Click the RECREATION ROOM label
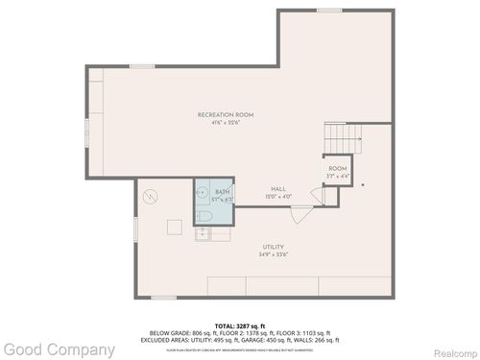click(225, 114)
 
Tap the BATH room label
click(223, 192)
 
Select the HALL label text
click(278, 188)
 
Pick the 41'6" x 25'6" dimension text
click(225, 122)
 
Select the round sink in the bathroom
click(203, 192)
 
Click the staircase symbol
click(343, 139)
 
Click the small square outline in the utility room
click(175, 227)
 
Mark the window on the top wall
click(329, 11)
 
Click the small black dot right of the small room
click(363, 184)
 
